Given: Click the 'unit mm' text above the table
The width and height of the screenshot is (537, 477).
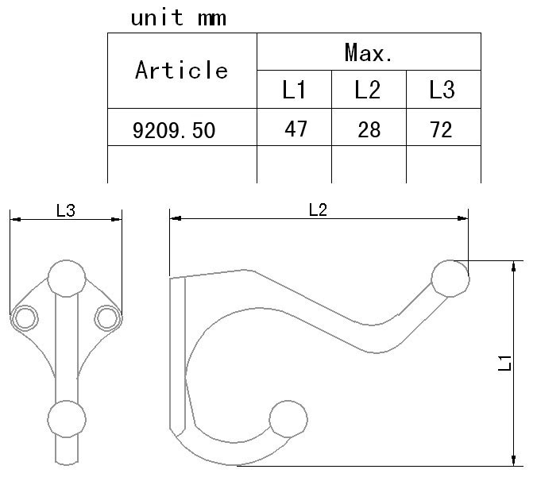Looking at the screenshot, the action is pyautogui.click(x=179, y=17).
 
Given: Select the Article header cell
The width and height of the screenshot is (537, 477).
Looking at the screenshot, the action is pyautogui.click(x=181, y=70).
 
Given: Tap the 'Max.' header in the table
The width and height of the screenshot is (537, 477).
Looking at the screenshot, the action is pyautogui.click(x=369, y=52).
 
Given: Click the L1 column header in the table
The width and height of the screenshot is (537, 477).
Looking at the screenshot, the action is pyautogui.click(x=294, y=90).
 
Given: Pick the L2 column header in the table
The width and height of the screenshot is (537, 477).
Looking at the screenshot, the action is pyautogui.click(x=368, y=90).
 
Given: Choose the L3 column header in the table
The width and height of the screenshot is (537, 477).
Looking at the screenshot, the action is pyautogui.click(x=442, y=90).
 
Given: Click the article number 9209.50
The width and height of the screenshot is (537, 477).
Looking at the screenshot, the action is pyautogui.click(x=174, y=130).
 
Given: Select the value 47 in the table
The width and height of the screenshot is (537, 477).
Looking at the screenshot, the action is pyautogui.click(x=296, y=129).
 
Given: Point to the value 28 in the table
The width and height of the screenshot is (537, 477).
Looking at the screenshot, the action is pyautogui.click(x=369, y=129).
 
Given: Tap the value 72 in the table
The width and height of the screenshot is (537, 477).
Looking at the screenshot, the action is pyautogui.click(x=441, y=129).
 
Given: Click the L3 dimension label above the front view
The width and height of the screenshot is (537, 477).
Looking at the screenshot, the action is pyautogui.click(x=66, y=210).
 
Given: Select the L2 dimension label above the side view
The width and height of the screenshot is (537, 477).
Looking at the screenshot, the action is pyautogui.click(x=319, y=210).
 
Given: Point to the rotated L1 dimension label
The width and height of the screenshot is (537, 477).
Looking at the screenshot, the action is pyautogui.click(x=504, y=363).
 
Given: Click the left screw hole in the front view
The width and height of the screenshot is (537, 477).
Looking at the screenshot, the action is pyautogui.click(x=25, y=318).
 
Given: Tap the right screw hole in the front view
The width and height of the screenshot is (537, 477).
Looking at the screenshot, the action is pyautogui.click(x=107, y=318).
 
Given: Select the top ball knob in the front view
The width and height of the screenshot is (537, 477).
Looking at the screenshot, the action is pyautogui.click(x=67, y=279).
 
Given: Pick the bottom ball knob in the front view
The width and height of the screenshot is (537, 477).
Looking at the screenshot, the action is pyautogui.click(x=67, y=419).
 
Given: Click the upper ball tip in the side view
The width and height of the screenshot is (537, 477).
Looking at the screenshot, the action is pyautogui.click(x=450, y=279).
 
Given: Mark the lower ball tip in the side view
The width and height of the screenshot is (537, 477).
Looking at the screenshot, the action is pyautogui.click(x=288, y=419).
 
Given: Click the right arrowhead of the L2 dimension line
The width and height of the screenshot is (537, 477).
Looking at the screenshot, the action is pyautogui.click(x=463, y=218).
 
